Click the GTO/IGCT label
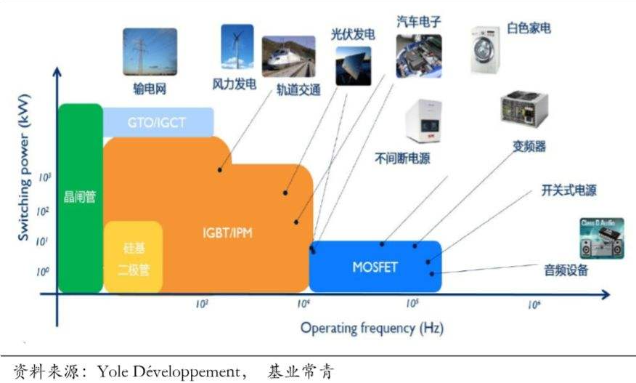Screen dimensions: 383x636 [158, 122]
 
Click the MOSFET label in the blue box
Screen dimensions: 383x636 [375, 266]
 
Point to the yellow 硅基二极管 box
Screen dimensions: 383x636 [134, 257]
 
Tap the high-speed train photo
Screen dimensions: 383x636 [288, 57]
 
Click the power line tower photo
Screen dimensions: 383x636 [150, 52]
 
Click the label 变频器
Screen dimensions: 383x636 [529, 146]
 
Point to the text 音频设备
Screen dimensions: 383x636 [566, 271]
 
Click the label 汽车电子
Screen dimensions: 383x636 [419, 20]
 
